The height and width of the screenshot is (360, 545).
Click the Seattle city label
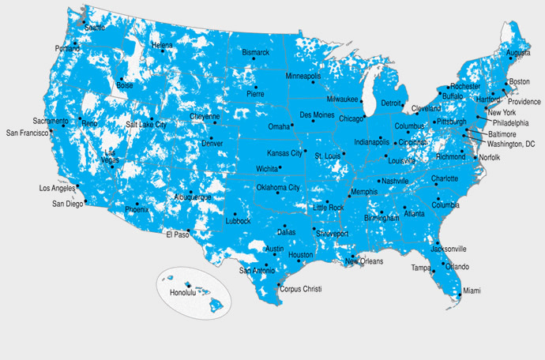[95, 27]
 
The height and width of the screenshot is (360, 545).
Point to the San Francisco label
[27, 133]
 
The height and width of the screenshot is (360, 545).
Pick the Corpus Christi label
[302, 290]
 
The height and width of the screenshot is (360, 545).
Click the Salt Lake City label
[146, 125]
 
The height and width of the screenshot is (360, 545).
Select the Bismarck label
[255, 53]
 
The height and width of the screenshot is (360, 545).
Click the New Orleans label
[364, 261]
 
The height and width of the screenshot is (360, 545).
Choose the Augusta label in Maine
[518, 54]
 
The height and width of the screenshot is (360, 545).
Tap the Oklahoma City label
[277, 188]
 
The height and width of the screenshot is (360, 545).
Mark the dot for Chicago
[363, 118]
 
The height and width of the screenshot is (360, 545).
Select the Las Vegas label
[111, 156]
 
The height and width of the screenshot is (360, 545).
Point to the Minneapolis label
[303, 77]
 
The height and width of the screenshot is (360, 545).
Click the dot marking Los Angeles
[77, 187]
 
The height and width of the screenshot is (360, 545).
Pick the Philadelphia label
[511, 123]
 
